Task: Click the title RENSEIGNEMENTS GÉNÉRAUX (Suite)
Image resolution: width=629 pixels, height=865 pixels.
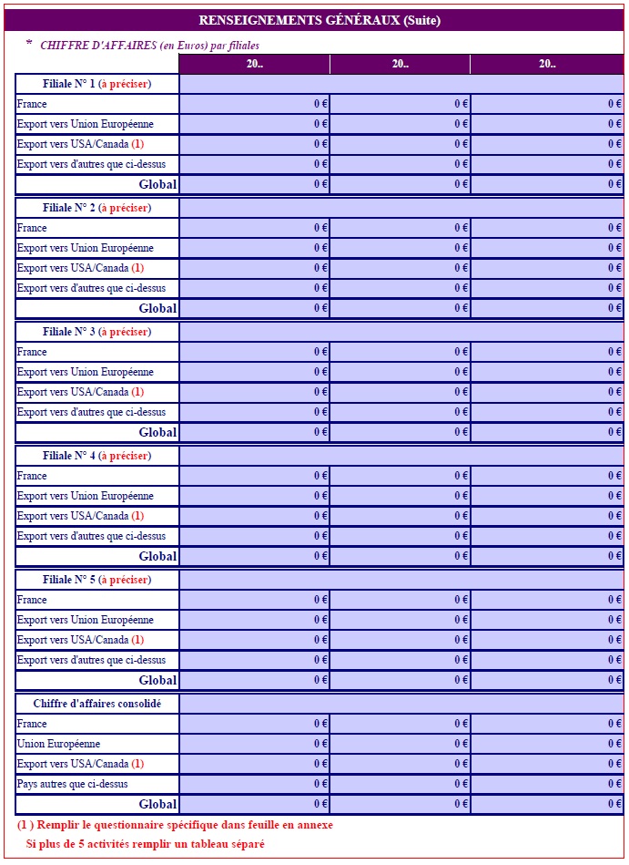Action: (320, 21)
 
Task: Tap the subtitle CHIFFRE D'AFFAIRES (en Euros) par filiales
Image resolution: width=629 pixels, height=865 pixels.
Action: (149, 45)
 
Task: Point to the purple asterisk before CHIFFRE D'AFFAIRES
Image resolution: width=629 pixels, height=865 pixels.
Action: (28, 44)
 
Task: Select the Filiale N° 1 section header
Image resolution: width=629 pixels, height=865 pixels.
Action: (96, 84)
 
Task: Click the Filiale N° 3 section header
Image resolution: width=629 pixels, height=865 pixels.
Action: (96, 332)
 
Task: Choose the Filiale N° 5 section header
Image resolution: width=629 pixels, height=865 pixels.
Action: (96, 580)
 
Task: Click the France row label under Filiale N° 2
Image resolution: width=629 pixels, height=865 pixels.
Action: (32, 228)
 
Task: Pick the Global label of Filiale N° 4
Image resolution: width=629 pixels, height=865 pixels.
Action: (157, 556)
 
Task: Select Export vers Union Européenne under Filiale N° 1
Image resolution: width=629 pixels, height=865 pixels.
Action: (86, 124)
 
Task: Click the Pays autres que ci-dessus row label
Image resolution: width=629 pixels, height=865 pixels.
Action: (73, 784)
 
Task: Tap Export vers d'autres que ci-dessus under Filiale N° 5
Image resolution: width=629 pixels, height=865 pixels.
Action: (91, 660)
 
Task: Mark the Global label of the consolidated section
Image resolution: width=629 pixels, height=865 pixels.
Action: (157, 804)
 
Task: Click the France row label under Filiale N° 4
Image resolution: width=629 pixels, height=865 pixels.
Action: (32, 476)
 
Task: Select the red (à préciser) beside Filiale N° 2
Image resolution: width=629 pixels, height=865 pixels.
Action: (125, 208)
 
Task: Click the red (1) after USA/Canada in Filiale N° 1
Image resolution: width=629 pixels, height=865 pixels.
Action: (137, 144)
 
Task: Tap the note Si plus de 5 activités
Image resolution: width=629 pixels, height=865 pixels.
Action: (145, 844)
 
